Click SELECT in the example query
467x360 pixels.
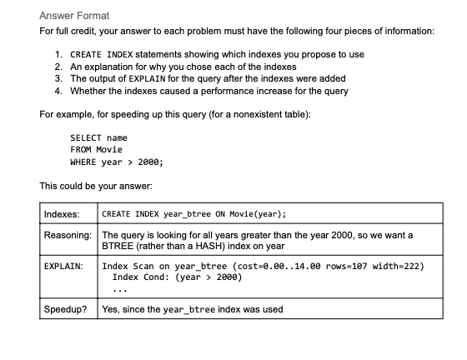(x=86, y=137)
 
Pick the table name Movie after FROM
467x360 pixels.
(x=110, y=149)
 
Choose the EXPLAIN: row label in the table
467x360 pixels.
(x=63, y=267)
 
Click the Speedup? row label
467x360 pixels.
(x=65, y=309)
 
